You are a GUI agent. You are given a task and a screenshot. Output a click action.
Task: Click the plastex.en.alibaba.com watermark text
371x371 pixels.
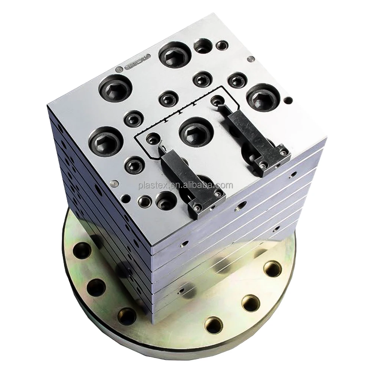[185, 185]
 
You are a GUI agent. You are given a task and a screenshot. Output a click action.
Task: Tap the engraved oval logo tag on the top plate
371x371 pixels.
[138, 63]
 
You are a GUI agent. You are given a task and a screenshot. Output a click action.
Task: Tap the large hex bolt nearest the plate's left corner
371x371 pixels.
[105, 141]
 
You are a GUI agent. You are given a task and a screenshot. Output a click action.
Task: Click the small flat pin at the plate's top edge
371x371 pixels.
[251, 58]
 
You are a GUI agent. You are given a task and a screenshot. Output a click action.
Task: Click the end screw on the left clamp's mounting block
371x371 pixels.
[218, 194]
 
